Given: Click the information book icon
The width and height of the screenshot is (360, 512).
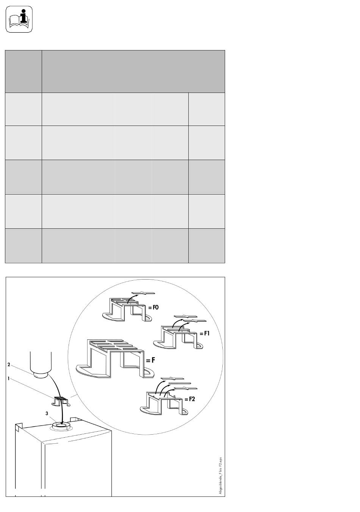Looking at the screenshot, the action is [x=19, y=19].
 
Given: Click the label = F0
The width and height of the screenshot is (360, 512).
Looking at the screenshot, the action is [x=153, y=308].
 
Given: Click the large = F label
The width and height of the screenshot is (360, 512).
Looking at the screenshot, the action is [x=150, y=360].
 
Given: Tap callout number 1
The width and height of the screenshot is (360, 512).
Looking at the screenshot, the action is [x=8, y=379].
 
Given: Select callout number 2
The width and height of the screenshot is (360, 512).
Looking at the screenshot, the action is [x=9, y=364].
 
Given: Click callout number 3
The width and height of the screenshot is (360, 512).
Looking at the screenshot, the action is [x=47, y=413].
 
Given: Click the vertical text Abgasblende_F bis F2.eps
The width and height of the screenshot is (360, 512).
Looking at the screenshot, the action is [x=220, y=476].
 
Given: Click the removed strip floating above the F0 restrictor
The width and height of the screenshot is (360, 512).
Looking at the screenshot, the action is [x=143, y=293].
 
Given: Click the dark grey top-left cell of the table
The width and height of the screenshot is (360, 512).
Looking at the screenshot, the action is [x=23, y=71].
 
